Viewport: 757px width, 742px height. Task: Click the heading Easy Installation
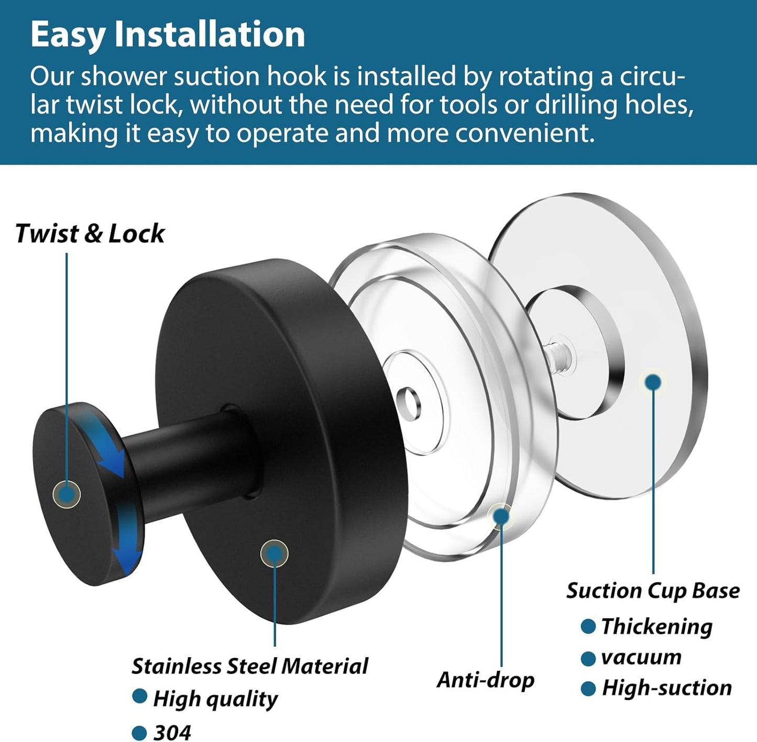pyautogui.click(x=168, y=35)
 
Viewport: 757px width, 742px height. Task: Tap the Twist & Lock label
pyautogui.click(x=90, y=233)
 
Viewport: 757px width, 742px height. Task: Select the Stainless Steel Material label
pyautogui.click(x=249, y=666)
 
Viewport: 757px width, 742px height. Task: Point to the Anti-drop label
pyautogui.click(x=485, y=680)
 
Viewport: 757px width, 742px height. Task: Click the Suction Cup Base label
pyautogui.click(x=653, y=591)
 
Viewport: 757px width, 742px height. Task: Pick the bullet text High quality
pyautogui.click(x=215, y=699)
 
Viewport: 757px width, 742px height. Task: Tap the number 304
pyautogui.click(x=172, y=732)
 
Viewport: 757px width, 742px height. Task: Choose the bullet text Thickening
pyautogui.click(x=657, y=626)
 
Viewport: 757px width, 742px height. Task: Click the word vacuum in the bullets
pyautogui.click(x=641, y=657)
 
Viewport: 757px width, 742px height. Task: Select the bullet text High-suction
pyautogui.click(x=667, y=688)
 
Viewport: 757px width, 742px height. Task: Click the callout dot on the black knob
pyautogui.click(x=67, y=494)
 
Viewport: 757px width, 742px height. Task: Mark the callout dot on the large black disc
pyautogui.click(x=274, y=553)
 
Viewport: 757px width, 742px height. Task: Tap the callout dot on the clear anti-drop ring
pyautogui.click(x=501, y=516)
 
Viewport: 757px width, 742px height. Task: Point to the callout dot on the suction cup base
pyautogui.click(x=653, y=382)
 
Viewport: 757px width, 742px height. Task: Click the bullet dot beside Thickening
pyautogui.click(x=588, y=626)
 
